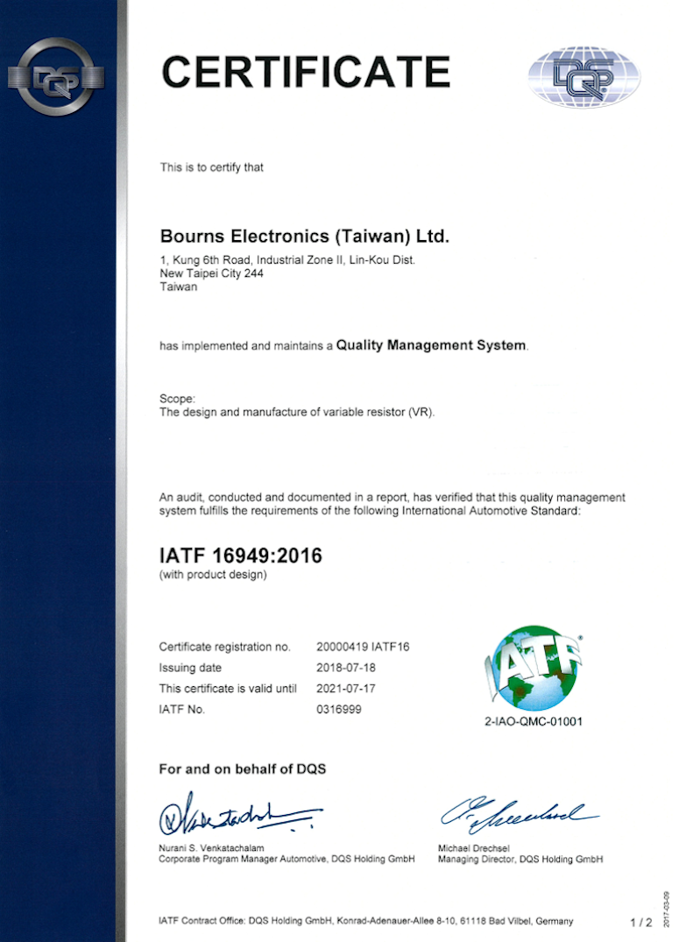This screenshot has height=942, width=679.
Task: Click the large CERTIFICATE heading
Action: (x=306, y=71)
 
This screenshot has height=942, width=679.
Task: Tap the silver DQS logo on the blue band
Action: (x=57, y=76)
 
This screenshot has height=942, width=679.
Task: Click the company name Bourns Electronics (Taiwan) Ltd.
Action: (x=304, y=237)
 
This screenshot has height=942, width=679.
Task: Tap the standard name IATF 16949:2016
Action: (x=240, y=555)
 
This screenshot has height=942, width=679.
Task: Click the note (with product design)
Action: (x=212, y=575)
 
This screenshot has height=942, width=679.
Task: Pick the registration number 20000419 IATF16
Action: (x=363, y=647)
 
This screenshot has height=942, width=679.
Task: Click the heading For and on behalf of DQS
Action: (x=242, y=769)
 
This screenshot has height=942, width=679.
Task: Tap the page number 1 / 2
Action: (x=640, y=923)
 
